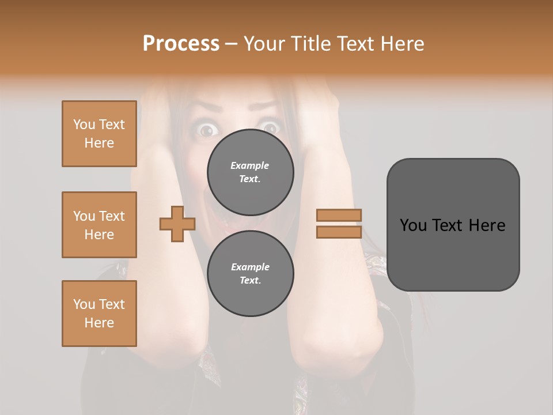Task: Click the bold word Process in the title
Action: pos(181,44)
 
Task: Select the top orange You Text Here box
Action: pos(99,134)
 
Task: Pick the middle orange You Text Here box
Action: pos(99,225)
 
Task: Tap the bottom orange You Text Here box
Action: pos(99,314)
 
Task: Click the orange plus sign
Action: pos(177,224)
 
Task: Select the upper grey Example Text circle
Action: pos(250,172)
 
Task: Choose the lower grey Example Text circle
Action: pos(250,273)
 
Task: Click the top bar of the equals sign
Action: pos(339,216)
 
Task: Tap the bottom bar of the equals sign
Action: pos(339,232)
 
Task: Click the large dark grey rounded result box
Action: pos(453,225)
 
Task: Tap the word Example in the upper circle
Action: pos(250,165)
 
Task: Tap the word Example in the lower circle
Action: pos(250,267)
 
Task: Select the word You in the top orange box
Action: pos(84,124)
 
